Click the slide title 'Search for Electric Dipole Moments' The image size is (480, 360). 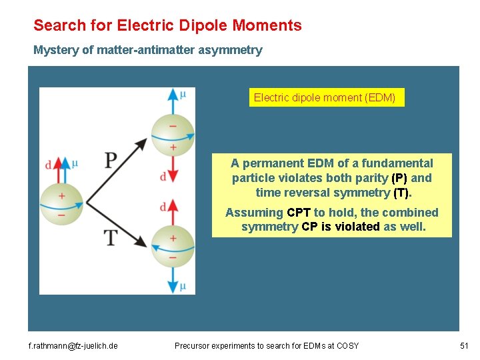coord(167,26)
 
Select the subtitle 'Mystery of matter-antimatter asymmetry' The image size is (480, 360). coord(148,50)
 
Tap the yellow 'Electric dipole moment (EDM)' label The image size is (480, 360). coord(325,98)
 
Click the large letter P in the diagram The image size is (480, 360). coord(111,160)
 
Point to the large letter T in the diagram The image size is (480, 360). coord(110,237)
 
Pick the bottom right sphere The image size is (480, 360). coord(173,246)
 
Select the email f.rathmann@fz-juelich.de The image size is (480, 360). coord(73,345)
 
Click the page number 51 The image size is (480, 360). coord(464,345)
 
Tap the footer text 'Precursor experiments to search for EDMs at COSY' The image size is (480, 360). coord(267,345)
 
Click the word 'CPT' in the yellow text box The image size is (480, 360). coord(298,213)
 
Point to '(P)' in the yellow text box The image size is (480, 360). coord(399,178)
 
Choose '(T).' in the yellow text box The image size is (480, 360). coord(403,193)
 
